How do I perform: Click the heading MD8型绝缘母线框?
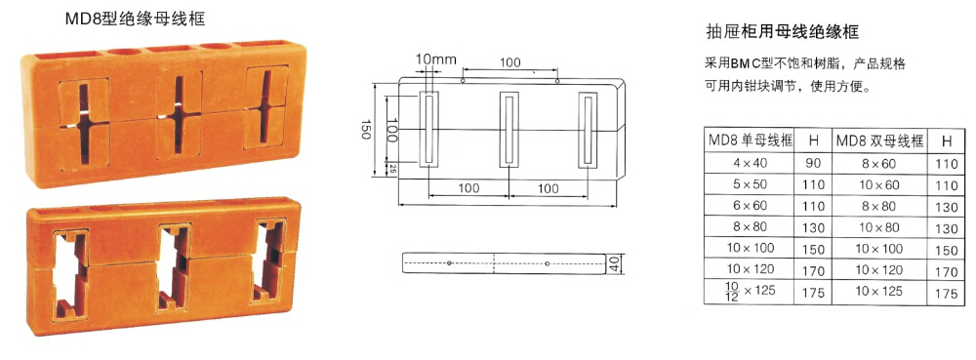[135, 20]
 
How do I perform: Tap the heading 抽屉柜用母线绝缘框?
[783, 32]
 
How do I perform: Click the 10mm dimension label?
[435, 60]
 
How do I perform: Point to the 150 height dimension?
[366, 131]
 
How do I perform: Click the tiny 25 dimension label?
[391, 167]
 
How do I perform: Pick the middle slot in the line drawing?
[509, 130]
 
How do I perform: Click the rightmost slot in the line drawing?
[588, 130]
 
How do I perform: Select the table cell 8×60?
[879, 164]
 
